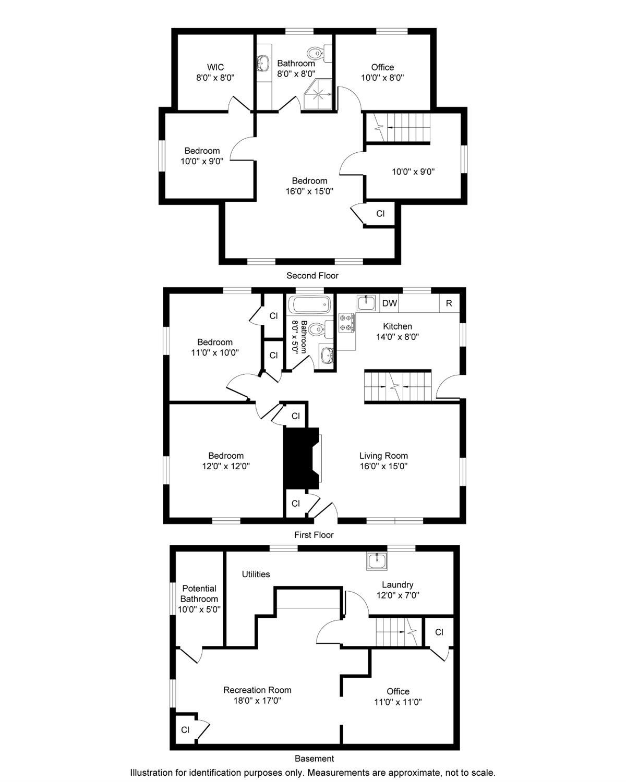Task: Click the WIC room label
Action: coord(215,67)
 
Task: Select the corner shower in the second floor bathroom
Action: coord(318,94)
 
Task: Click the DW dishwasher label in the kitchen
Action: coord(390,303)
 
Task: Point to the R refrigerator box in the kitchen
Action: coord(449,303)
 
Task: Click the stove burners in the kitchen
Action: coord(346,323)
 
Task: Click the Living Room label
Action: coord(384,456)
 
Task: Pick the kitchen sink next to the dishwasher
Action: coord(366,303)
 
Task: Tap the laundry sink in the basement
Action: coord(377,561)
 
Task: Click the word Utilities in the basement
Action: coord(256,574)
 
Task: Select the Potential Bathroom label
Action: coord(199,593)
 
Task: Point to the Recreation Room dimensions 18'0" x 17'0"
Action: coord(258,700)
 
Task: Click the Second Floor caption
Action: coord(312,276)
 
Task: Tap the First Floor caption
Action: coord(314,535)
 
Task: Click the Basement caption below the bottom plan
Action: coord(314,759)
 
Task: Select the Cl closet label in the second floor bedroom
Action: coord(380,214)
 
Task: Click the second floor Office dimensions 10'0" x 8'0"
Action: coord(383,77)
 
